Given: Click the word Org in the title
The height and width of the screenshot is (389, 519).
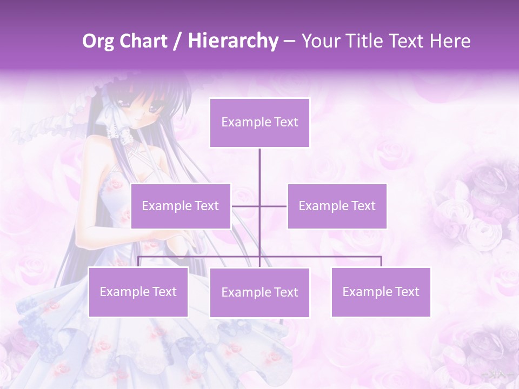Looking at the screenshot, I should point(98,41).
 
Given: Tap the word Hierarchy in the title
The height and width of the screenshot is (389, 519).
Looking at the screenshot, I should point(232,41).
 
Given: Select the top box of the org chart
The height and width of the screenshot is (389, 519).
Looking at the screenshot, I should point(259,123).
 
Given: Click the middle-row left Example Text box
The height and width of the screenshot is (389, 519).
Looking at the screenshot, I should point(181,206).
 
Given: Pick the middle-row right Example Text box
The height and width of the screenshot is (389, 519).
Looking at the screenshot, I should point(337,206).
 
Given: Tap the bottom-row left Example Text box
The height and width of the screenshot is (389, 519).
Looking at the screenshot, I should point(138,292).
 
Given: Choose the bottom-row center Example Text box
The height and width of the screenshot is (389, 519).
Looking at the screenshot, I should point(259,292).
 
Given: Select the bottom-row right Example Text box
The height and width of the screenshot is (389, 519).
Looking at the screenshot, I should point(381,292).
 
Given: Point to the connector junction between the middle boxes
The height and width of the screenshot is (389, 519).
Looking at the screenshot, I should point(259,206).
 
